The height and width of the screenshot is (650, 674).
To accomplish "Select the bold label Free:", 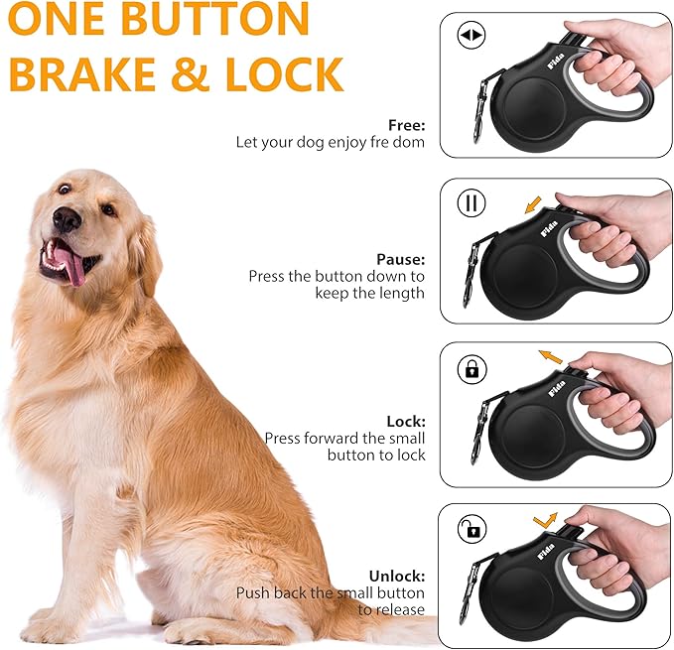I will pos(406,126).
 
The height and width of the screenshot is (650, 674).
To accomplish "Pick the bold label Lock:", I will pos(406,421).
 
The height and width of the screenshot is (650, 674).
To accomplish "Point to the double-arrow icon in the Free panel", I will pos(471,37).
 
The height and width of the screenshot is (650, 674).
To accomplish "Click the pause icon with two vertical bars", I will pos(471,203).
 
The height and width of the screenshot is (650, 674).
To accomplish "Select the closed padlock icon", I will pos(471,369).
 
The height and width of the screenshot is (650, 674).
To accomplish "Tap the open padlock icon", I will pos(471,529).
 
